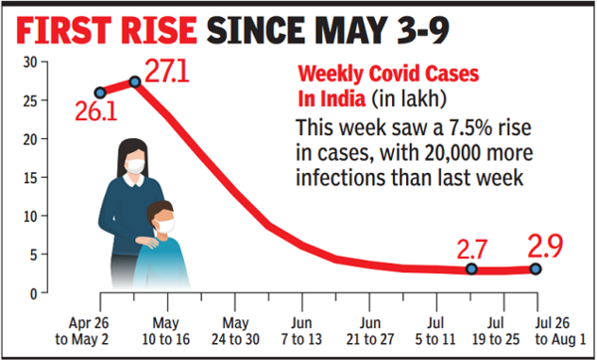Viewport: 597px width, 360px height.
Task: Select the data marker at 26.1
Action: pos(99,92)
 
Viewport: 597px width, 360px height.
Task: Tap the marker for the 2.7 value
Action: pos(471,270)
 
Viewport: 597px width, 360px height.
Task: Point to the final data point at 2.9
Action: pos(537,269)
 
